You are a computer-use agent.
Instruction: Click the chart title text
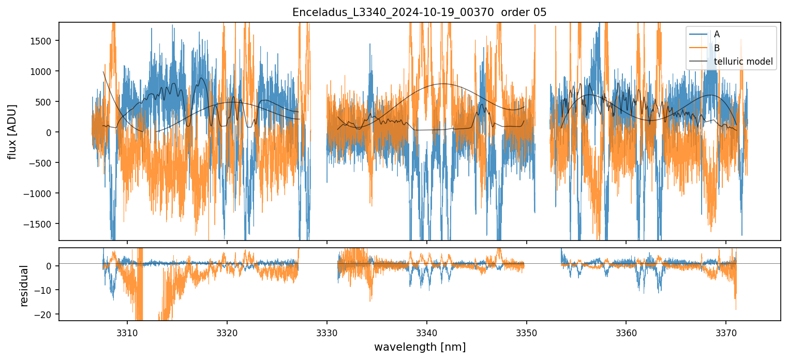click(419, 12)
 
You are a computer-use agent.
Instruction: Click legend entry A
click(717, 34)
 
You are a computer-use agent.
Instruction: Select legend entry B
click(717, 48)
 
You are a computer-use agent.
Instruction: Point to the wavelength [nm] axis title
click(419, 347)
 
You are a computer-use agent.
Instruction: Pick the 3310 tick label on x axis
click(127, 332)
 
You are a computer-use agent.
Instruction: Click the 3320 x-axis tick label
click(227, 332)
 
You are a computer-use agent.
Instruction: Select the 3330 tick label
click(327, 332)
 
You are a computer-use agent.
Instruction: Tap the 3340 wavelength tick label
click(427, 332)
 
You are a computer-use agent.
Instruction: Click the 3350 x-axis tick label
click(526, 332)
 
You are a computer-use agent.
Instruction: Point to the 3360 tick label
click(626, 332)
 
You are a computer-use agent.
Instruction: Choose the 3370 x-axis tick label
click(726, 332)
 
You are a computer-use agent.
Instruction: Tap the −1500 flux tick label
click(40, 224)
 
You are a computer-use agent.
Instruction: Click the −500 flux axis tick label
click(42, 163)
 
